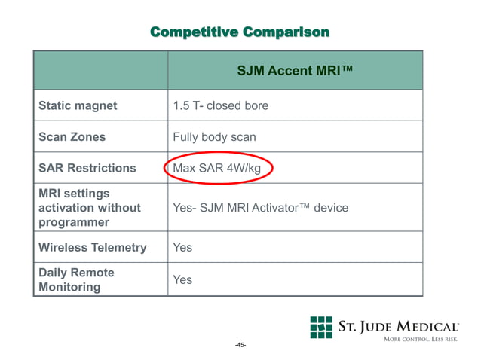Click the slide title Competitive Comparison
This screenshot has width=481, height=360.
(x=240, y=32)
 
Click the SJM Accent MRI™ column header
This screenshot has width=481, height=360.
(x=295, y=72)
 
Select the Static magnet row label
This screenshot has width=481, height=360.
(x=78, y=105)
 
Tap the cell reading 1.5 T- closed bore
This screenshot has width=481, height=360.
(x=220, y=105)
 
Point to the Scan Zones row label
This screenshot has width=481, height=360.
(x=72, y=137)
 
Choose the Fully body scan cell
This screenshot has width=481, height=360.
(x=214, y=137)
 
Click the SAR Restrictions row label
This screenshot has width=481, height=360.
(x=87, y=168)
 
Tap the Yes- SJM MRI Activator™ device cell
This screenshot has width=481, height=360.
(x=260, y=207)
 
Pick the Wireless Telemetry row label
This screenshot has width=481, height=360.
(x=92, y=247)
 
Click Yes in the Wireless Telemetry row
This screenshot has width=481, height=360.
(x=182, y=247)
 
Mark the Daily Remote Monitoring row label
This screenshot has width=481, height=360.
(x=76, y=279)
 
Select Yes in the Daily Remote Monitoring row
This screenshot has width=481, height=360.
(x=182, y=279)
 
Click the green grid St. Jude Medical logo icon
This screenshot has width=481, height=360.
(x=321, y=327)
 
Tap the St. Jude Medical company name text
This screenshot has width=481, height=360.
(x=397, y=327)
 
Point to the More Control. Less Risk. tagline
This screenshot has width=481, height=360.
(x=421, y=340)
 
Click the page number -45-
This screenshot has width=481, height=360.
(x=240, y=345)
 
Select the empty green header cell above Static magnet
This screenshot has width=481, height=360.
(x=100, y=72)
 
